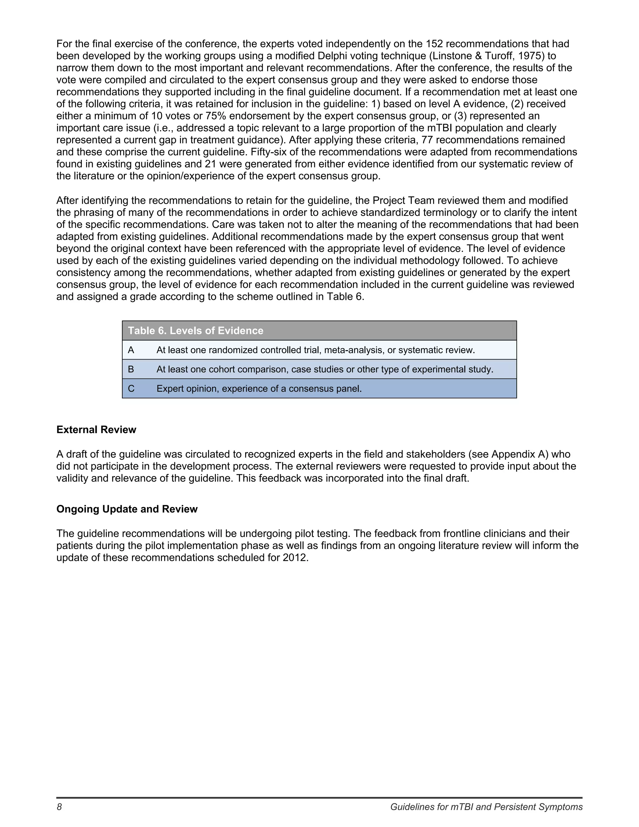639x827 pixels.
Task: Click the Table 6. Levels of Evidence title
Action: [195, 330]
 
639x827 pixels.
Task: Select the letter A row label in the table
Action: [131, 350]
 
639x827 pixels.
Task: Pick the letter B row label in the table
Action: [131, 369]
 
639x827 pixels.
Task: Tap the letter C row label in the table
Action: [131, 389]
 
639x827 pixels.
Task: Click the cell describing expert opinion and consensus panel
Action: [259, 389]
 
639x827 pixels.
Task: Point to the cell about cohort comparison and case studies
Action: [325, 369]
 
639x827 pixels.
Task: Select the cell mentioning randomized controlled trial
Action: [315, 350]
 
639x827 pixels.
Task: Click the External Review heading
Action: [96, 429]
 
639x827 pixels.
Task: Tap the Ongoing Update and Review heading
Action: [127, 509]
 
